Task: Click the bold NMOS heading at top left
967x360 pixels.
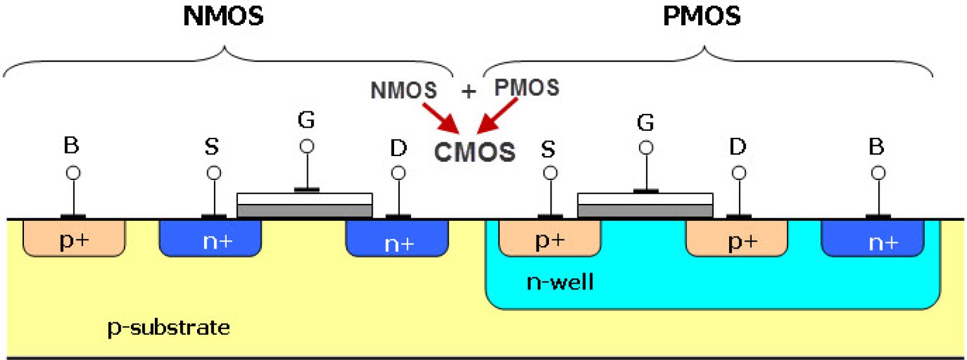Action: [223, 17]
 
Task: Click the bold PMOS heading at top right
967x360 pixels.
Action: [702, 17]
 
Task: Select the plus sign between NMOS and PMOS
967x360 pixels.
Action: [468, 92]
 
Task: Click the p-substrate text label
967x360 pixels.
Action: [167, 328]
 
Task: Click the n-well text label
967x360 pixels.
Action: [560, 283]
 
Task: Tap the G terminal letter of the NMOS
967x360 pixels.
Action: [307, 120]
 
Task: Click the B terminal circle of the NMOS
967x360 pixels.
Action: [74, 172]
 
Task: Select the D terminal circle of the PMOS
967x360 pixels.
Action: [739, 172]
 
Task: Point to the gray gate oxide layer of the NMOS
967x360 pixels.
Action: [305, 211]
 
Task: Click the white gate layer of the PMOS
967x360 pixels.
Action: [645, 199]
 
